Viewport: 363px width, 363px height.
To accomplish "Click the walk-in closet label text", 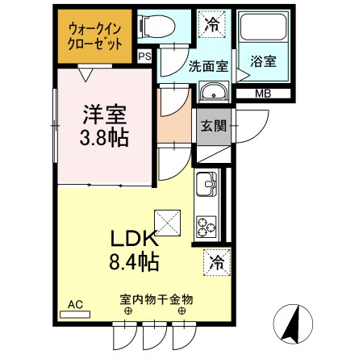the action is [94, 37].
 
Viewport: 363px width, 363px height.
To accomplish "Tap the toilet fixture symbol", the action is [157, 27].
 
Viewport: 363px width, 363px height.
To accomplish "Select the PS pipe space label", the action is [144, 56].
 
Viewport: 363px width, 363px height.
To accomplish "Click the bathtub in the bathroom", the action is [263, 27].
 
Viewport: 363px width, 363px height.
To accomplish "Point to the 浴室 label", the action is [263, 61].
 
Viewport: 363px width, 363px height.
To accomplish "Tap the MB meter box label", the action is [263, 94].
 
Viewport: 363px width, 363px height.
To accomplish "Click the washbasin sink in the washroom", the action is [214, 91].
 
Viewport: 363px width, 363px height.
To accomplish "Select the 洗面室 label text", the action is [208, 66].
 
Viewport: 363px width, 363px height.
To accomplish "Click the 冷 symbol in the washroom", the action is [212, 24].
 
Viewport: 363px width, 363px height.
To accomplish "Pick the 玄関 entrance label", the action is [214, 126].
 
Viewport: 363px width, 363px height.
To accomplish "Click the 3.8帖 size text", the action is [104, 138].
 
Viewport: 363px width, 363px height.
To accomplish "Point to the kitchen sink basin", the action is [207, 184].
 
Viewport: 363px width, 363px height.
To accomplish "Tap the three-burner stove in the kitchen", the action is [207, 227].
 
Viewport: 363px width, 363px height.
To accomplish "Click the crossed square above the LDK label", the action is [167, 223].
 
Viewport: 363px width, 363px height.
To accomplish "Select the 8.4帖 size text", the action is [134, 261].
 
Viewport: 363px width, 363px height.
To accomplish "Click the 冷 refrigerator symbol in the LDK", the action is [217, 262].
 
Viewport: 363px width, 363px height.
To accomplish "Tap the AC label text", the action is [75, 305].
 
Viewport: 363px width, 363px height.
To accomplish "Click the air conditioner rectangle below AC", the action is [75, 315].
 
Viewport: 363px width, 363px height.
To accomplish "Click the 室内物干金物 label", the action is [156, 299].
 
